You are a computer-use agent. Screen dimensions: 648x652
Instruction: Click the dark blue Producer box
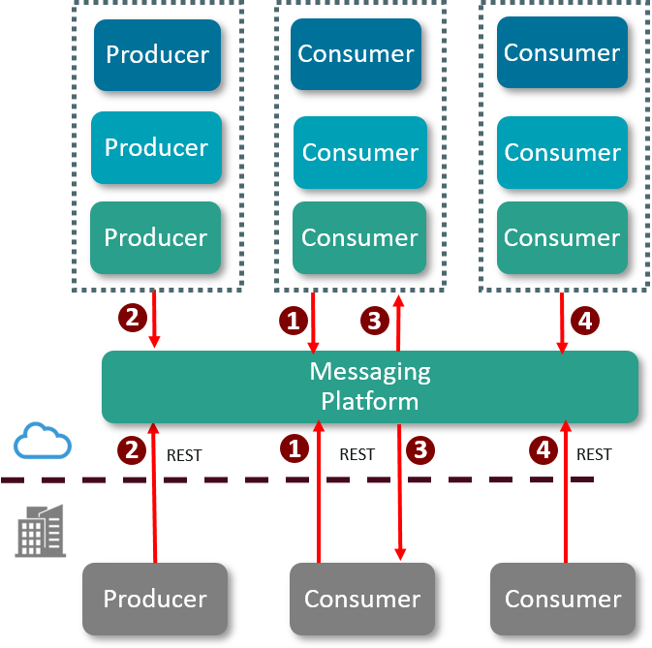tap(157, 54)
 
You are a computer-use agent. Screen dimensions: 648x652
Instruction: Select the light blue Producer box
tap(156, 147)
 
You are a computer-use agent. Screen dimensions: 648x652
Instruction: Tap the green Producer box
tap(155, 237)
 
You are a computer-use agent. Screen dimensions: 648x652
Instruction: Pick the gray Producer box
tap(155, 599)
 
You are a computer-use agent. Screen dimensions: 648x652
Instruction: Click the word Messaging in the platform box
tap(370, 371)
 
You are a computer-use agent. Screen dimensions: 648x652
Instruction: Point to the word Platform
tap(370, 401)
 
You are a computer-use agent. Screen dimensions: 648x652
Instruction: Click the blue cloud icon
tap(43, 441)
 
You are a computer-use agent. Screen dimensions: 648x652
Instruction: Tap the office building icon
tap(41, 531)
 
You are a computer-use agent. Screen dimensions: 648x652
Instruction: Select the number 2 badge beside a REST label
tap(131, 449)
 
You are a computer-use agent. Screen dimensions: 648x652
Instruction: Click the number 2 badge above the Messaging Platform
tap(131, 316)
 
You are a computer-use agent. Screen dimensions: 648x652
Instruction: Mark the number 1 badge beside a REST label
tap(294, 448)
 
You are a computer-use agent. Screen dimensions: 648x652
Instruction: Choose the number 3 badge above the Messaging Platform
tap(375, 320)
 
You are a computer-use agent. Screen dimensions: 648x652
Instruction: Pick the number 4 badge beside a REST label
tap(543, 449)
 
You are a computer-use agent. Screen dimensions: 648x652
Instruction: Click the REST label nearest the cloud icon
tap(184, 454)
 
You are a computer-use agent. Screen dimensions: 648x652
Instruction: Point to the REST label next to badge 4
tap(594, 454)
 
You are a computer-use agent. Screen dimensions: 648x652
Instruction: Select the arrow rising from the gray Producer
tap(154, 494)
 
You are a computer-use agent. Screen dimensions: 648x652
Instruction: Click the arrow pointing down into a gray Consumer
tap(399, 494)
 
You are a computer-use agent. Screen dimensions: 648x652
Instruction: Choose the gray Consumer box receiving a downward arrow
tap(362, 599)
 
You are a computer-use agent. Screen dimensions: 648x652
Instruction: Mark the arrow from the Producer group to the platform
tap(154, 320)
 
